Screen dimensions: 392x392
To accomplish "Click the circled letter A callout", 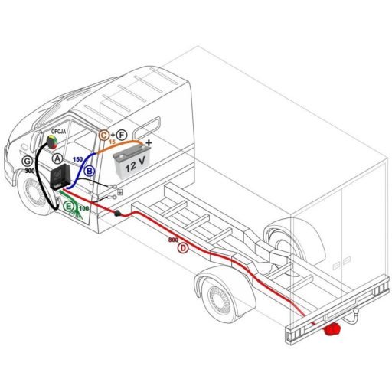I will click(x=57, y=155).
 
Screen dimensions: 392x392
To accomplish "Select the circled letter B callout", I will click(x=90, y=171).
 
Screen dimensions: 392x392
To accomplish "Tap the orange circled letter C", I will click(x=104, y=135).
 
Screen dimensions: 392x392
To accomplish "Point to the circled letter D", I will click(x=182, y=249).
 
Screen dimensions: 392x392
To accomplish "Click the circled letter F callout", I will click(x=121, y=135).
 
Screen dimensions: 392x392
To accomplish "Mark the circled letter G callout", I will click(x=28, y=162).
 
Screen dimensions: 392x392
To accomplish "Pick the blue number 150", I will click(x=77, y=158).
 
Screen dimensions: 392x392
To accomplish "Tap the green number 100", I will click(x=83, y=208).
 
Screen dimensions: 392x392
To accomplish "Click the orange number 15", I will click(x=113, y=142).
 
